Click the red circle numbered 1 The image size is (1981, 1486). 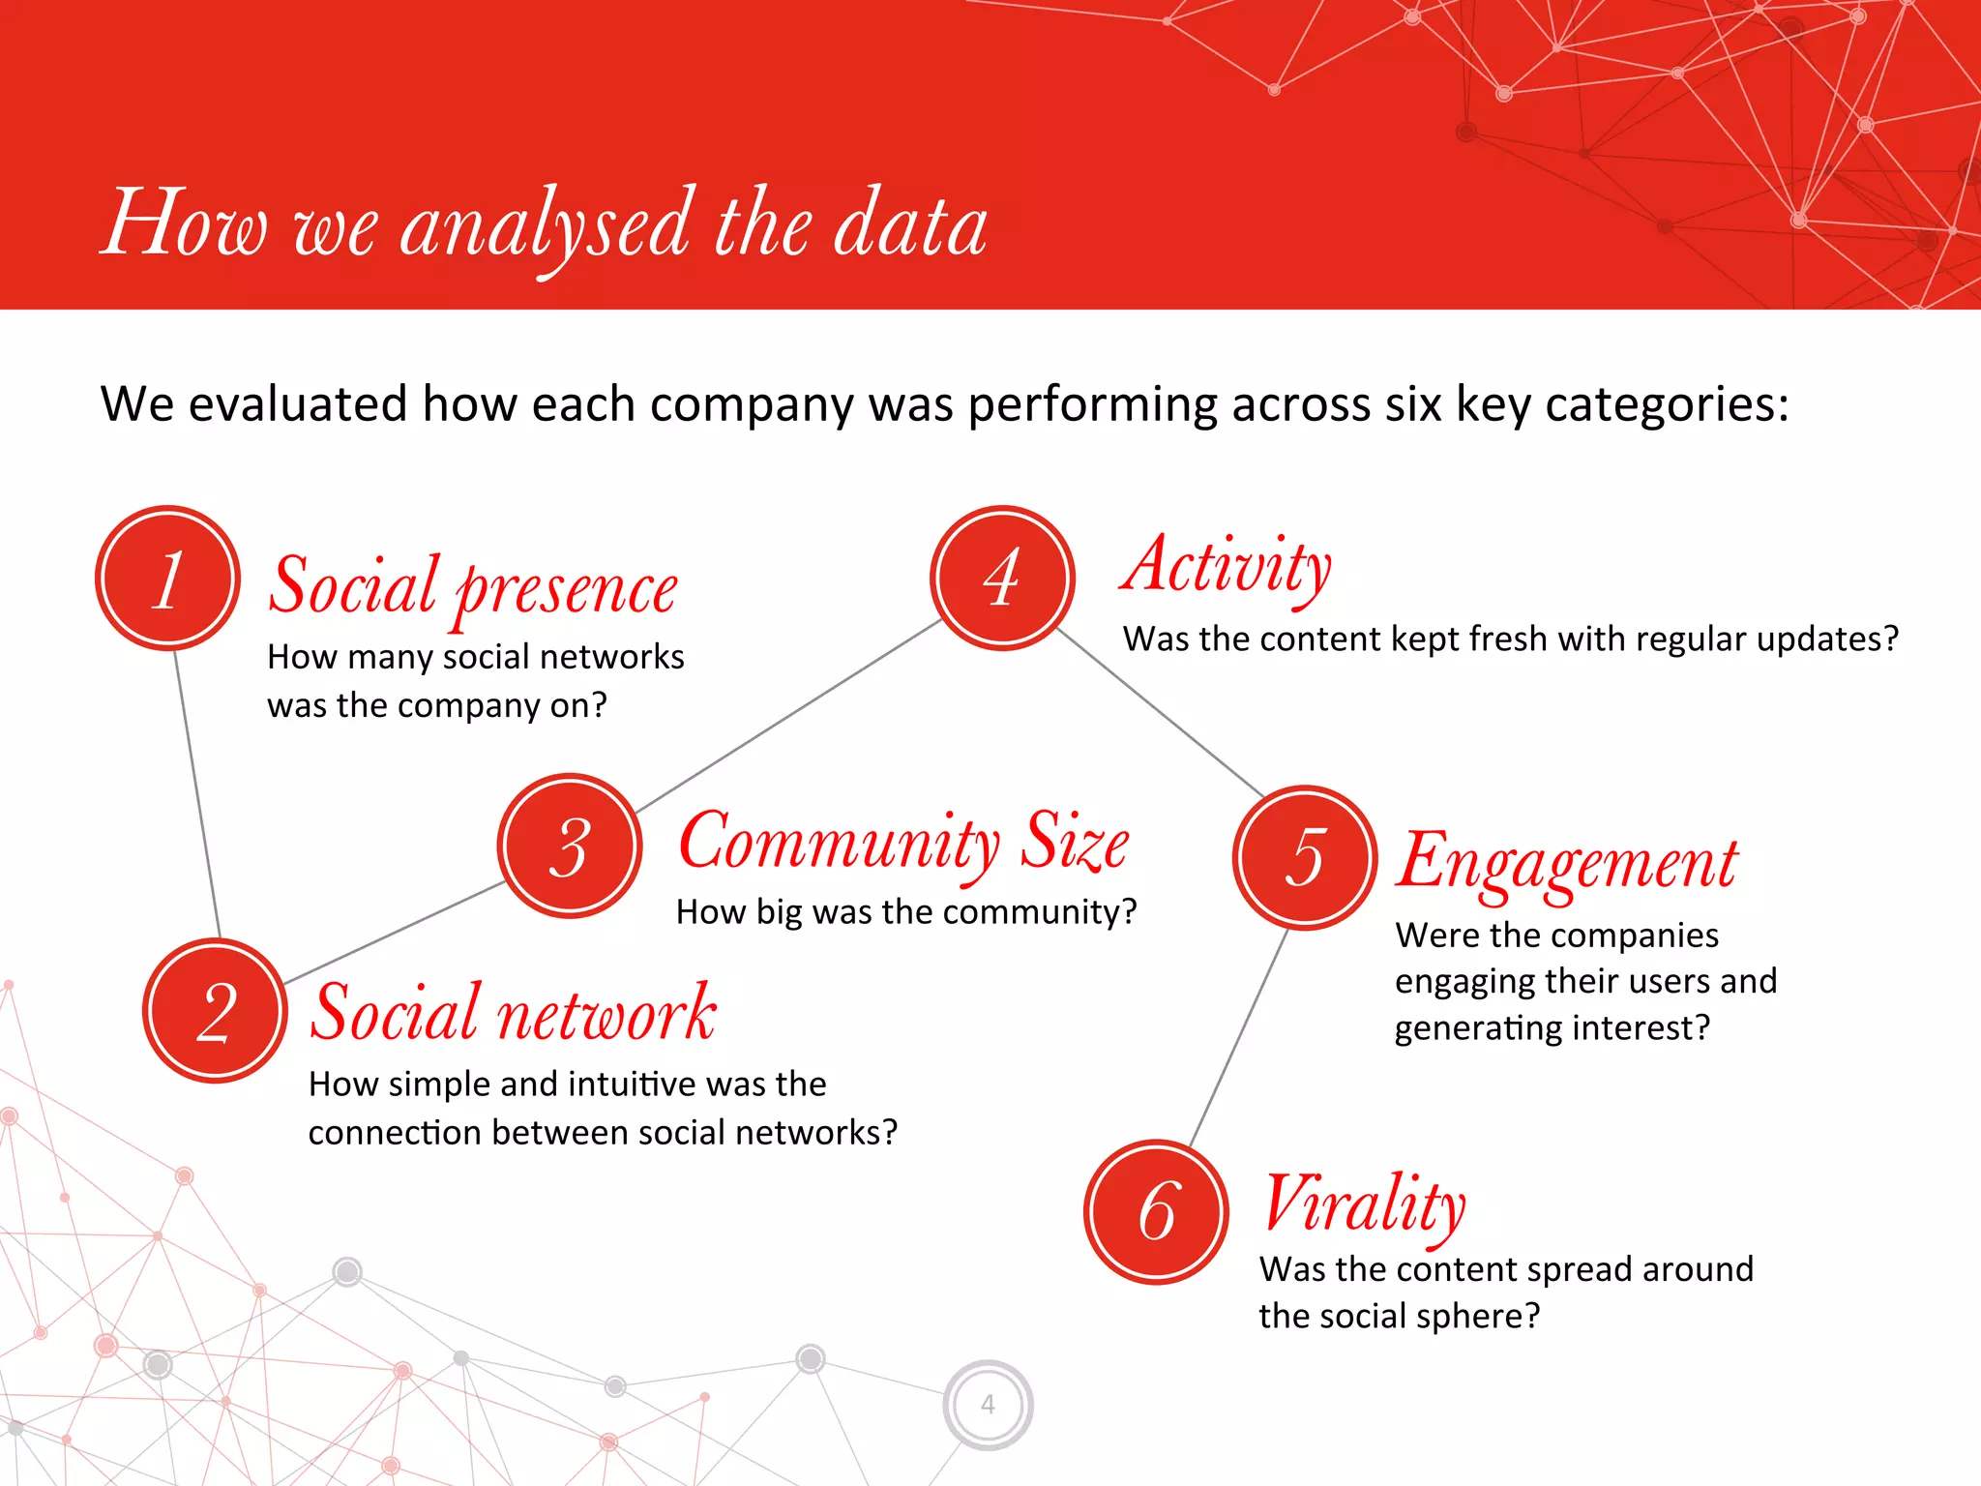(167, 579)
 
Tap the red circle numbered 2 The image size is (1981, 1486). (215, 1011)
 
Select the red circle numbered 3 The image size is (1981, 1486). (570, 846)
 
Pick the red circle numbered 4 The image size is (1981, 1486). (1002, 578)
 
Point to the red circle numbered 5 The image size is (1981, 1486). (1305, 857)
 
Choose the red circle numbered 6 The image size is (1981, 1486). (1156, 1211)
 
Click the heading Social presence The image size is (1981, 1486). (472, 587)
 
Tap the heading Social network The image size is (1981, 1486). (513, 1014)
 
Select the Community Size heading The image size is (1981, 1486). (903, 842)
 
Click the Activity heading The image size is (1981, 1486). (1227, 567)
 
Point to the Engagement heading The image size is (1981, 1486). (1567, 863)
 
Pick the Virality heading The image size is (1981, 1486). (1364, 1204)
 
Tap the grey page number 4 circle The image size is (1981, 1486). (988, 1404)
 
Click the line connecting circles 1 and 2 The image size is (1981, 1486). (197, 793)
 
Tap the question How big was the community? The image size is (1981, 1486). (906, 911)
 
